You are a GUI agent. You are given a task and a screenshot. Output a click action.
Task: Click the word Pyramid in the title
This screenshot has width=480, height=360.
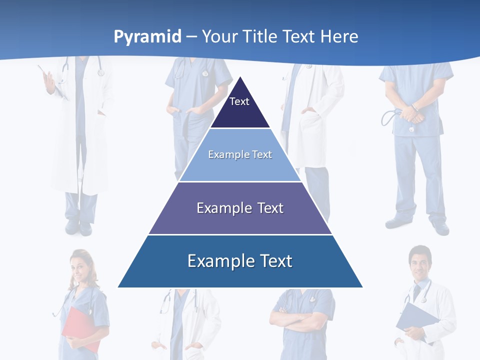click(147, 37)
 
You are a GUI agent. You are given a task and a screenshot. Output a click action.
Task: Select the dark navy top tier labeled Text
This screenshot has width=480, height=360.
click(239, 107)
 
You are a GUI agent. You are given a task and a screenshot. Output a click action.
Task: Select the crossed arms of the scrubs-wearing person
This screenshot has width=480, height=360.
click(300, 320)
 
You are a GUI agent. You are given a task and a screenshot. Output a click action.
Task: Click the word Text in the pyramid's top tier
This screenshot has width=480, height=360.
click(239, 101)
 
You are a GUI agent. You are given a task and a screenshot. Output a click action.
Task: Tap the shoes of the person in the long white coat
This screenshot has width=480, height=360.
click(79, 227)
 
